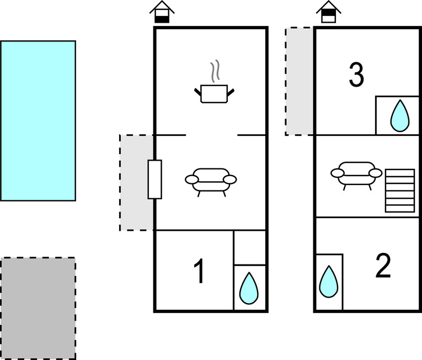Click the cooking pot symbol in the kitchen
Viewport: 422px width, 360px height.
click(x=214, y=93)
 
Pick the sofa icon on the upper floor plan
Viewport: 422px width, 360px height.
click(x=356, y=174)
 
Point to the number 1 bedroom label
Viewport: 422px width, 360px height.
click(x=199, y=272)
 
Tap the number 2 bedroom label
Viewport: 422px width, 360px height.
click(x=382, y=266)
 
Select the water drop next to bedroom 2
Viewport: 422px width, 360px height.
click(x=329, y=281)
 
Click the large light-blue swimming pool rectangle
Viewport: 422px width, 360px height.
click(x=38, y=120)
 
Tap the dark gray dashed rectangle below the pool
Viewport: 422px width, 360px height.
click(x=38, y=308)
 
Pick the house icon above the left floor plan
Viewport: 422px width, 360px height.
click(x=162, y=12)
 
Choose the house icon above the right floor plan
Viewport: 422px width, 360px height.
click(x=328, y=12)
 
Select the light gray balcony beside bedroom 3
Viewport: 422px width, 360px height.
click(x=300, y=81)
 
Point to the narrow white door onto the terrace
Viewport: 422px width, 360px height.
click(x=154, y=179)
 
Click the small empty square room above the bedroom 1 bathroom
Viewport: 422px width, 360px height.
click(x=250, y=247)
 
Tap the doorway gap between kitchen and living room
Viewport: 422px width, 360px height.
click(x=211, y=135)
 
